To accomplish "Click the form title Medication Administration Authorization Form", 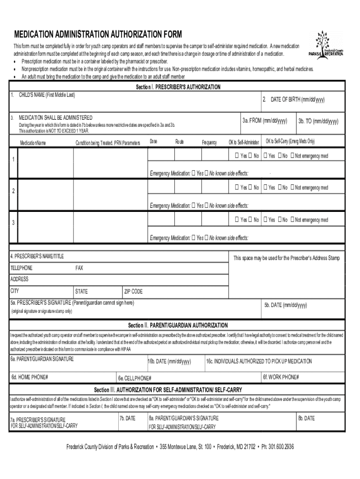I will pyautogui.click(x=98, y=35).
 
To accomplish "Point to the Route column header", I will pyautogui.click(x=180, y=142).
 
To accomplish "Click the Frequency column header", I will pyautogui.click(x=209, y=142).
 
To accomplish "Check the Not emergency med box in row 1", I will pyautogui.click(x=293, y=156).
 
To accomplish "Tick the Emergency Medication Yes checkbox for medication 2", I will pyautogui.click(x=194, y=205).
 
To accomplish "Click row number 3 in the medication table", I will pyautogui.click(x=14, y=223).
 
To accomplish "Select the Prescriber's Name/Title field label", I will pyautogui.click(x=37, y=256).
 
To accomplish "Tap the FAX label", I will pyautogui.click(x=79, y=268).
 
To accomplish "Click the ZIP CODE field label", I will pyautogui.click(x=133, y=291).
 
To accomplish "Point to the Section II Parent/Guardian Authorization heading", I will pyautogui.click(x=178, y=325).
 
